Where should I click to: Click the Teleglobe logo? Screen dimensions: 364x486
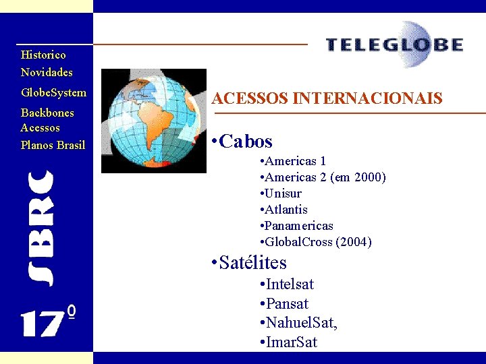(x=395, y=45)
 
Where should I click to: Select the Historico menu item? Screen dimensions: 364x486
(x=43, y=55)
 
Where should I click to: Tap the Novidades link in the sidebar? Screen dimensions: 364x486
(x=47, y=72)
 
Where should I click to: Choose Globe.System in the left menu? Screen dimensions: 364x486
(x=53, y=92)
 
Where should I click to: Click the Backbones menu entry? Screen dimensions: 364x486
(x=47, y=113)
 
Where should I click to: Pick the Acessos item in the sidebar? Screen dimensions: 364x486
(x=40, y=127)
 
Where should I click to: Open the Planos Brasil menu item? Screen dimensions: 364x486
(x=53, y=145)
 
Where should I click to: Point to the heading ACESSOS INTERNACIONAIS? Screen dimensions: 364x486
(x=327, y=99)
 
